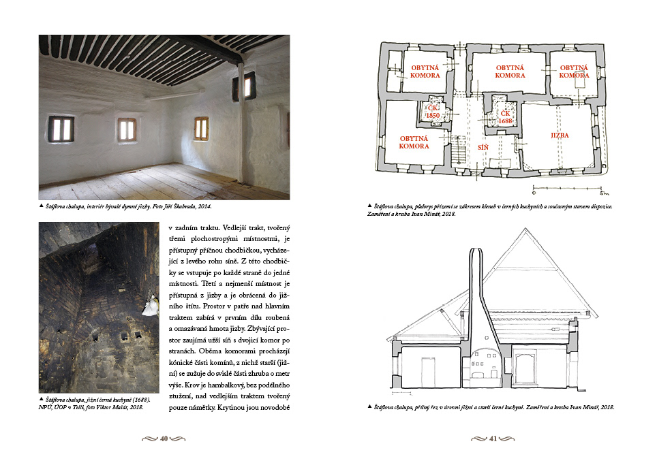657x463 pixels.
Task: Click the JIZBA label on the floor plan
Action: click(x=560, y=135)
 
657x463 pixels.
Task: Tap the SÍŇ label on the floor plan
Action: click(x=483, y=146)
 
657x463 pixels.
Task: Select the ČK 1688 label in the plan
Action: click(x=504, y=116)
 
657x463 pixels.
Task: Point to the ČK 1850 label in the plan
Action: click(x=432, y=112)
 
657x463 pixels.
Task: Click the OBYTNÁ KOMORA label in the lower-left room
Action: click(x=414, y=142)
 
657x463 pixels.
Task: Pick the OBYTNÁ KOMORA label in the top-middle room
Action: click(x=510, y=71)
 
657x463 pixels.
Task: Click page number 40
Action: click(x=164, y=439)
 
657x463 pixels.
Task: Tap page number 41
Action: click(x=493, y=439)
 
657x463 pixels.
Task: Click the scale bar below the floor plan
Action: click(x=569, y=187)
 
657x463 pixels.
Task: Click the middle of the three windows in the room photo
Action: click(x=126, y=128)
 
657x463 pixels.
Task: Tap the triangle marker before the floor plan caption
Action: click(x=369, y=205)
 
